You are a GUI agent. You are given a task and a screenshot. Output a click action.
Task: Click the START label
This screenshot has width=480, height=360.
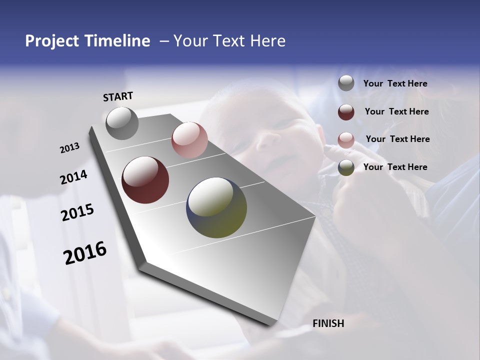(x=118, y=96)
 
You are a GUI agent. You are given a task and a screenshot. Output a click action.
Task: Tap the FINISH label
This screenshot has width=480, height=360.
(x=328, y=323)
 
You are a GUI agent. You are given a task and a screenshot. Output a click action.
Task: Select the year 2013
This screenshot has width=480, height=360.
(x=69, y=148)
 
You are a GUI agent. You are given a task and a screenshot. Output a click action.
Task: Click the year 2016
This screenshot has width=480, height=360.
(x=85, y=253)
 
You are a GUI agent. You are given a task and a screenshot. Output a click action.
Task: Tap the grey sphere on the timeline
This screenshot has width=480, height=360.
(x=122, y=123)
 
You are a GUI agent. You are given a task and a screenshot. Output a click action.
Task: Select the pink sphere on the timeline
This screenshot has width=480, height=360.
(x=189, y=140)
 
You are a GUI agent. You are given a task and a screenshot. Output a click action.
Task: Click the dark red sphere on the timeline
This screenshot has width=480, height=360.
(x=145, y=180)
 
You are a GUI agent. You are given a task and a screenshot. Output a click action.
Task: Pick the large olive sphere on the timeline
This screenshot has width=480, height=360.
(x=216, y=207)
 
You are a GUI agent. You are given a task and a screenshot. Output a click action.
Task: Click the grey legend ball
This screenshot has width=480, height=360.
(x=346, y=83)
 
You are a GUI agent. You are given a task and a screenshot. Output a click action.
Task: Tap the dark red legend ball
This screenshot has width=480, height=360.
(x=346, y=111)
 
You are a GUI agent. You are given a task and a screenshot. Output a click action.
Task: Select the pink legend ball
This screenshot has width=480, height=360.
(x=346, y=139)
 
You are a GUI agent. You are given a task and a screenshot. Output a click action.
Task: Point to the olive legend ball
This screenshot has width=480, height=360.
(x=346, y=167)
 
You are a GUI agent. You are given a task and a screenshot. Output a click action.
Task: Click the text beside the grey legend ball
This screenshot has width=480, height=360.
(x=395, y=84)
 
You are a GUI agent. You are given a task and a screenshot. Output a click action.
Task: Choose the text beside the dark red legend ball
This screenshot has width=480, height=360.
(x=396, y=111)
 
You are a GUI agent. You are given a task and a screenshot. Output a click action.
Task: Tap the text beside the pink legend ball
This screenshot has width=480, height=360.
(x=397, y=139)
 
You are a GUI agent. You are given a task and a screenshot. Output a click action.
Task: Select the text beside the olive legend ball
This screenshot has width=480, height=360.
(x=395, y=167)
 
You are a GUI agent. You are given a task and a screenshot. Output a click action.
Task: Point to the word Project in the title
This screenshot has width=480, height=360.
(x=51, y=41)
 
